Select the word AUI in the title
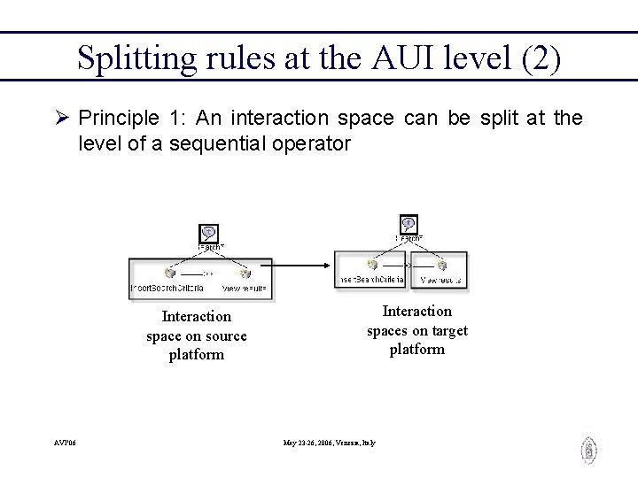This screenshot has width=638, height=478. pyautogui.click(x=406, y=58)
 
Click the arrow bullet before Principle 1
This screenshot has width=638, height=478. pyautogui.click(x=62, y=119)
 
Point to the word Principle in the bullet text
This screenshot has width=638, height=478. pyautogui.click(x=113, y=119)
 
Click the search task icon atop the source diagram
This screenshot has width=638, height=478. pyautogui.click(x=208, y=233)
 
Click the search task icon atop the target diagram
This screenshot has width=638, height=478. pyautogui.click(x=408, y=225)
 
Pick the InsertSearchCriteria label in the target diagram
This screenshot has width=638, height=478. pyautogui.click(x=370, y=281)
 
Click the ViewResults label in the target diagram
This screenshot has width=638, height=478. pyautogui.click(x=440, y=281)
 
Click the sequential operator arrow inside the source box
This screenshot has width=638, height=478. pyautogui.click(x=204, y=274)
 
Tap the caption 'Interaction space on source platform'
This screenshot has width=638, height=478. pyautogui.click(x=197, y=335)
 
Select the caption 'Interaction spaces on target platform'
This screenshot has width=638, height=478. pyautogui.click(x=417, y=330)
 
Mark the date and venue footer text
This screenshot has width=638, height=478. pyautogui.click(x=329, y=443)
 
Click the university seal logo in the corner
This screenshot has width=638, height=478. pyautogui.click(x=588, y=451)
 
